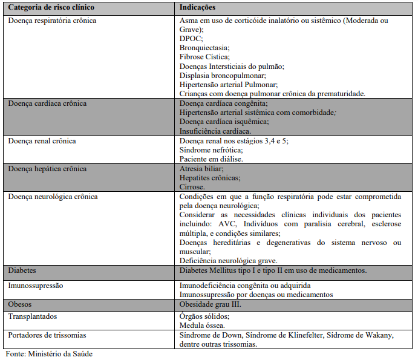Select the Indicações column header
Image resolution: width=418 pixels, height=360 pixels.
point(198,8)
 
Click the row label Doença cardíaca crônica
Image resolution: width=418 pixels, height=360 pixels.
point(47,103)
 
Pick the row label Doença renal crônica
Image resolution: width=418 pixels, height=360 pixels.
point(42,141)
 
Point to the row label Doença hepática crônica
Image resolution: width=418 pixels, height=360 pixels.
point(47,169)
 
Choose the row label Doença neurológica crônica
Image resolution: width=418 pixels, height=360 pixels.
point(53,197)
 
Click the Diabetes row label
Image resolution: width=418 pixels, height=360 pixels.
point(22,270)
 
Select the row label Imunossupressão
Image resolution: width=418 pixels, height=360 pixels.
point(36,284)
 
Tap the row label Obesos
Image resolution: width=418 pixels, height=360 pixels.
point(20,304)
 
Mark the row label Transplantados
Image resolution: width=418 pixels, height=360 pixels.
point(33,316)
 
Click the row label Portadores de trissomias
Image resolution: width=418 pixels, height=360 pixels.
point(47,335)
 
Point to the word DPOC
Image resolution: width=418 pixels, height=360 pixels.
point(191,38)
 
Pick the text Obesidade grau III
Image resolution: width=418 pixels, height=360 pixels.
point(211,304)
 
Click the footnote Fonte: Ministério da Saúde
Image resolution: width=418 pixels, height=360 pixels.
point(49,353)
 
